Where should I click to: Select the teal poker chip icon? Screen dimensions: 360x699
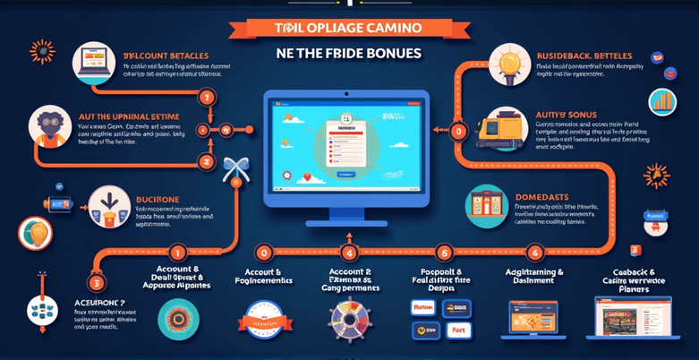coord(179,319)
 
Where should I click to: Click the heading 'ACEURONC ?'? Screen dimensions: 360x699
coord(100,304)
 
